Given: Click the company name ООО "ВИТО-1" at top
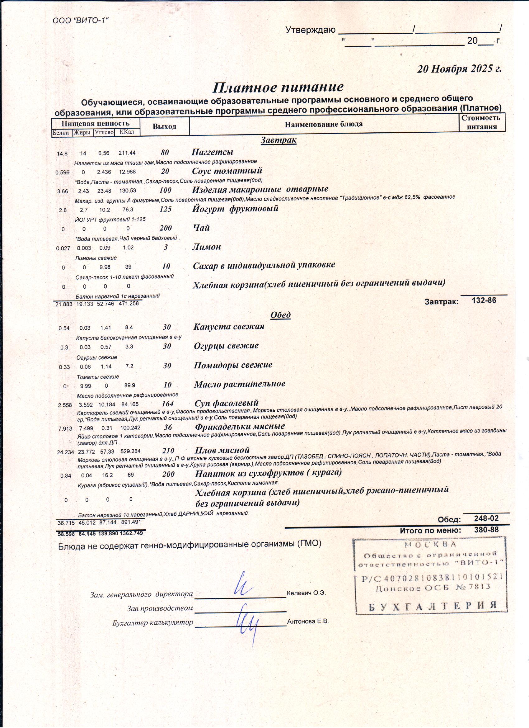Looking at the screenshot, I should (81, 20).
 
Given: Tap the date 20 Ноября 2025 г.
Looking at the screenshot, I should (459, 69).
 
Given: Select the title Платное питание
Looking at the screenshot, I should (278, 87).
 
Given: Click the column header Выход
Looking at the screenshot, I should (164, 126).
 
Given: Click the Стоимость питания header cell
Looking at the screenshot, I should (481, 122).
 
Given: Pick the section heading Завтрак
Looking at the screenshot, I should (278, 140).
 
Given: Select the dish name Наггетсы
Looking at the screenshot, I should (212, 152).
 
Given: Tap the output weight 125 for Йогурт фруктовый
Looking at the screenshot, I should (166, 209).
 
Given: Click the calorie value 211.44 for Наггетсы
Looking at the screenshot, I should (127, 153).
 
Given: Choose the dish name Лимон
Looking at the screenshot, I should (207, 247).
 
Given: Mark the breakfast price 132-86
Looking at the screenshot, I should (484, 300).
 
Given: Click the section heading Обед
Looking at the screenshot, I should (280, 315).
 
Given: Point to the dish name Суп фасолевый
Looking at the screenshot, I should (227, 403).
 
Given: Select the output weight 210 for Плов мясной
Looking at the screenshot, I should (168, 451).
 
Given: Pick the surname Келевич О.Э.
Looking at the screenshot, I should (306, 593).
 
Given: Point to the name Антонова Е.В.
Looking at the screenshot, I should (308, 622).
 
